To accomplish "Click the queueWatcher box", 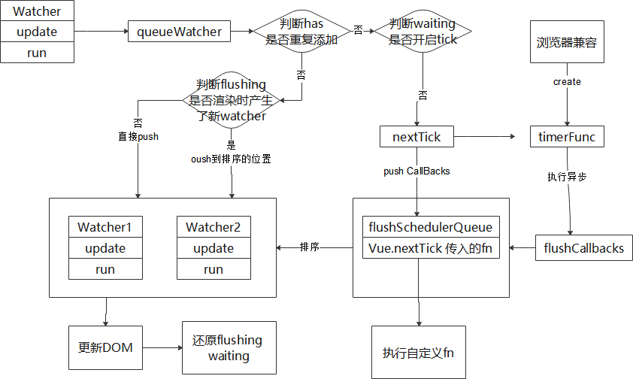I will tap(180, 32).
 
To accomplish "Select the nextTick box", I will tap(417, 137).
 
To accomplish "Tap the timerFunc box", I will tap(568, 137).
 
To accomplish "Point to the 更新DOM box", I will tap(104, 347).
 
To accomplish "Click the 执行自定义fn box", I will tap(418, 352).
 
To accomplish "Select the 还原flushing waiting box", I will tap(229, 347).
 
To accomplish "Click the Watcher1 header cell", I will tap(105, 227).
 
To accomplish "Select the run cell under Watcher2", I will tap(214, 269).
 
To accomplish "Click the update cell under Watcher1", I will tap(105, 248).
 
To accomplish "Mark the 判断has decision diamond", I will tap(301, 32).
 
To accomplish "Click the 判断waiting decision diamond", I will tap(423, 32).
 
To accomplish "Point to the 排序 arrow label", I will tap(310, 247).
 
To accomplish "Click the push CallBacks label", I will tap(416, 171).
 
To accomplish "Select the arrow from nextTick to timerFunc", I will tap(485, 137).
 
